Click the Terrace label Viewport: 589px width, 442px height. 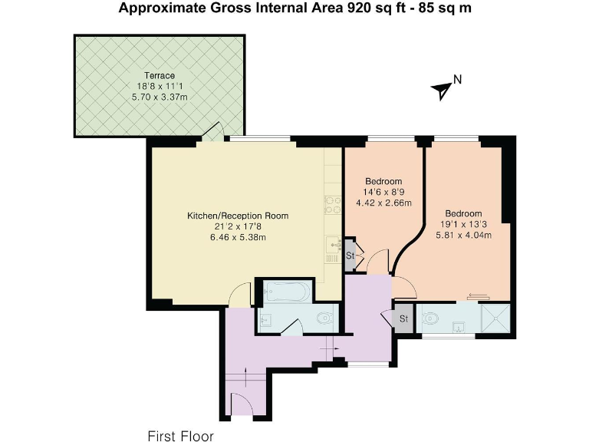point(160,75)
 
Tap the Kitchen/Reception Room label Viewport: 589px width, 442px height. point(238,216)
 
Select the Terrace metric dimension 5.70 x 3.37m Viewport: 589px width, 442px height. point(160,97)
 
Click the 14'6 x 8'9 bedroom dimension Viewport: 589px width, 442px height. point(383,192)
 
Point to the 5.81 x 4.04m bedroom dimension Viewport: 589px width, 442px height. point(463,236)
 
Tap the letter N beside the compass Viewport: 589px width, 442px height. point(458,80)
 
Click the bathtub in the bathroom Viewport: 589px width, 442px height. point(287,292)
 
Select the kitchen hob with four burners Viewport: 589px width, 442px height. point(333,205)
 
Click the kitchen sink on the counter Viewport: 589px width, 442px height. point(334,245)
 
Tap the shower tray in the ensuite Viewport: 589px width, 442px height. point(495,318)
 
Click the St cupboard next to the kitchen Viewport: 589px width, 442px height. point(350,255)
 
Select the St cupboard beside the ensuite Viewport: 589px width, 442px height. point(403,318)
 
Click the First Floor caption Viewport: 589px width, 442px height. point(181,436)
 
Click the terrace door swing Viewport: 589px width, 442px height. point(214,131)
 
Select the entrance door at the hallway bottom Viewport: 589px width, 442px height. point(242,404)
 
